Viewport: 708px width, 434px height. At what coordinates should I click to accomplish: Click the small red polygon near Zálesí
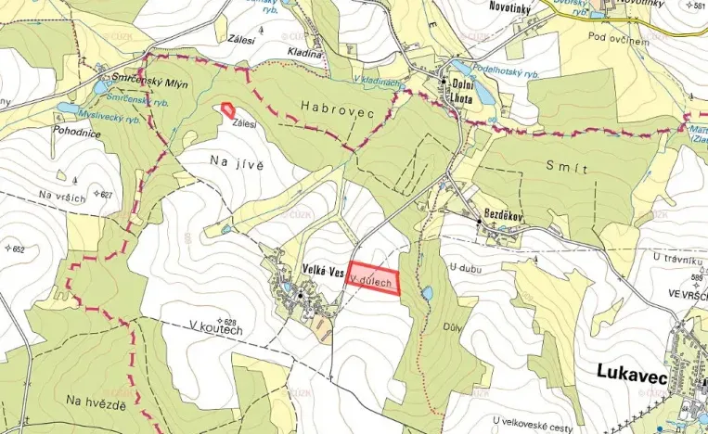click(227, 109)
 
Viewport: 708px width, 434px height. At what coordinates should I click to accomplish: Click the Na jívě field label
click(238, 164)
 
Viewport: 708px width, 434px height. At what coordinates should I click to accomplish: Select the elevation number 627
click(107, 195)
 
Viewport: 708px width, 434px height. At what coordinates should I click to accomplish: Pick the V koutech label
click(214, 328)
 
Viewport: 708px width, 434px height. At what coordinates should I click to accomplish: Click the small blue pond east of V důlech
click(426, 293)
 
